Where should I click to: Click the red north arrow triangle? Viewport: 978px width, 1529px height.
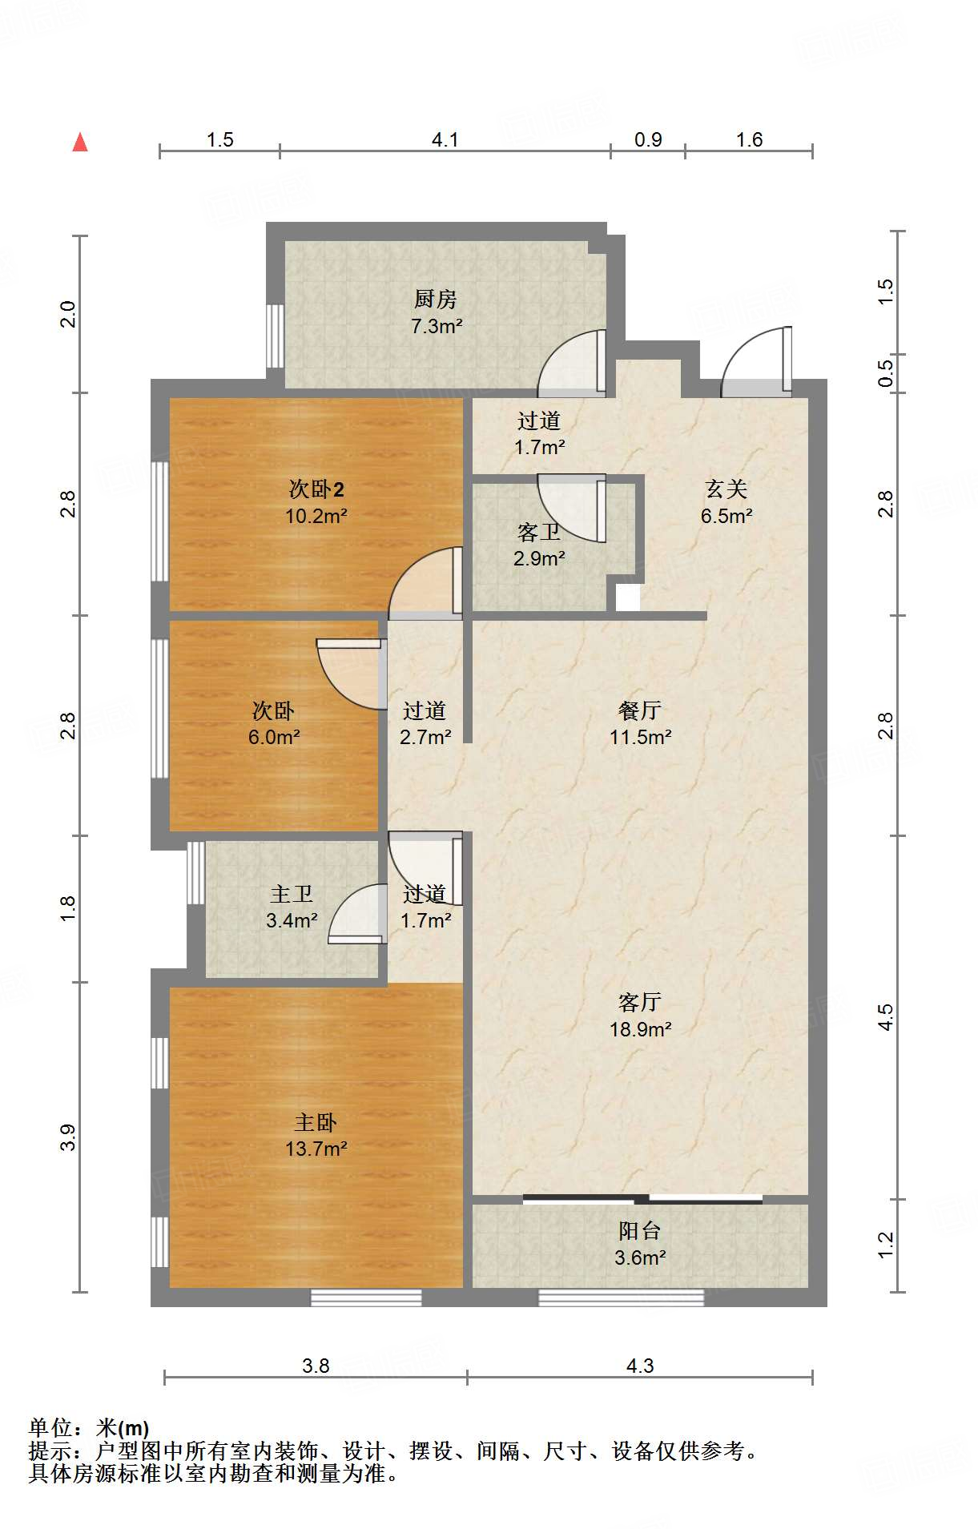pos(80,142)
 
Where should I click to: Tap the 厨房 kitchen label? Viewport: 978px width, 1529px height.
pos(436,299)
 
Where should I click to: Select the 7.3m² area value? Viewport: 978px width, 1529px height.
pos(437,326)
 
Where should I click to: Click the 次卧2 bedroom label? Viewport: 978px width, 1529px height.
pos(316,489)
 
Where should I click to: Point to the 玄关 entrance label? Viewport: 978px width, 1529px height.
pos(726,489)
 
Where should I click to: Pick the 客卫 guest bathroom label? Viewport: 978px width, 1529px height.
pos(539,532)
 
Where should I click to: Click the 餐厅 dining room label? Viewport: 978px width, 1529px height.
pos(640,710)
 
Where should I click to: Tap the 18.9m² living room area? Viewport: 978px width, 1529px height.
pos(640,1029)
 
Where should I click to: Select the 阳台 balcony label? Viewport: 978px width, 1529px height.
pos(640,1230)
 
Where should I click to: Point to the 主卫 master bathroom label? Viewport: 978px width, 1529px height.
pos(292,893)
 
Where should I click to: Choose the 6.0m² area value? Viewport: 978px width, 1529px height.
pos(274,737)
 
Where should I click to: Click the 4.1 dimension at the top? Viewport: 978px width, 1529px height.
pos(445,139)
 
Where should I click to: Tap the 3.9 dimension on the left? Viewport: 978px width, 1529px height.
pos(68,1137)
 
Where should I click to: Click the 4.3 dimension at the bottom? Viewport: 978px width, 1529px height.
pos(640,1366)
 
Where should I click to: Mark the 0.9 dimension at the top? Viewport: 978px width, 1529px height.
pos(648,139)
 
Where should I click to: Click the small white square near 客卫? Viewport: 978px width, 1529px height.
pos(628,598)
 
